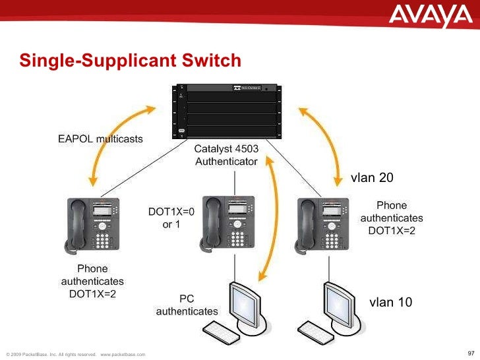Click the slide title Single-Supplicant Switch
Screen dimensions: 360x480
coord(130,61)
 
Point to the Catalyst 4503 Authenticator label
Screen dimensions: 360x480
coord(225,155)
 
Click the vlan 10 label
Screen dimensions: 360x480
coord(391,302)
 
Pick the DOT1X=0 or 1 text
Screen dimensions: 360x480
coord(171,218)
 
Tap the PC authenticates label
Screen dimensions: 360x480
coord(187,304)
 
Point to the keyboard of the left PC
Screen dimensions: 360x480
coord(221,329)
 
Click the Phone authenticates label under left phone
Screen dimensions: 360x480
coord(92,281)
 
